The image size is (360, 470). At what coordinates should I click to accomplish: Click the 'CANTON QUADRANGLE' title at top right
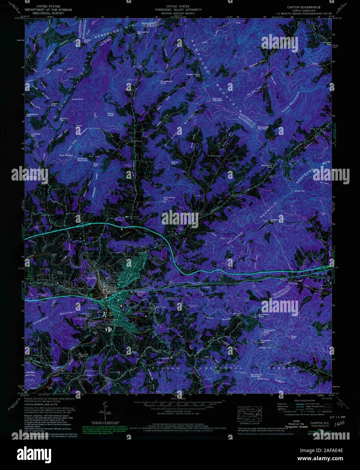303,7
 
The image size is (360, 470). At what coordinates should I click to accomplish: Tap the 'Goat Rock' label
77,99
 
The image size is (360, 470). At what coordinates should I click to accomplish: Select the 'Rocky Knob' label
111,114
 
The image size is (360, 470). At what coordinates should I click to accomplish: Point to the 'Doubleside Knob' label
166,82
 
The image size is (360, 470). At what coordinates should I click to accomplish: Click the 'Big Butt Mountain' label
217,100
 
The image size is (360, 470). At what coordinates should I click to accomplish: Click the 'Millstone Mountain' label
83,159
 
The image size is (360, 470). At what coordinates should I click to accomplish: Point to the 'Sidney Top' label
175,163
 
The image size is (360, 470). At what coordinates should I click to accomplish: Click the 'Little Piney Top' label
169,198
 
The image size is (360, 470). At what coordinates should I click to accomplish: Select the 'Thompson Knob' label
269,331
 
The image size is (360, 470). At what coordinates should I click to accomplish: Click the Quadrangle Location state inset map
250,414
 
